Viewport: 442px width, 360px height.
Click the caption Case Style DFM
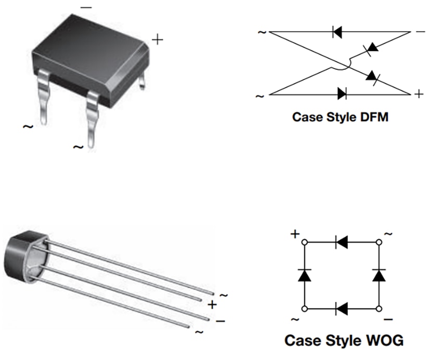tap(340, 116)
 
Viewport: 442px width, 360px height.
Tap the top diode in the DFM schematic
tap(337, 32)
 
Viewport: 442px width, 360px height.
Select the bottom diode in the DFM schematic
tap(342, 94)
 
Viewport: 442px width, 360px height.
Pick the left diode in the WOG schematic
tap(304, 275)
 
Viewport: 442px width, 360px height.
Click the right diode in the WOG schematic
tap(379, 275)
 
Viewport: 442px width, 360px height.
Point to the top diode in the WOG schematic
tap(342, 242)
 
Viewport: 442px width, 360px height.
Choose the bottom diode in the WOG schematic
tap(342, 309)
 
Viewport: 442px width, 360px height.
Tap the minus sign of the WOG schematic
tap(388, 318)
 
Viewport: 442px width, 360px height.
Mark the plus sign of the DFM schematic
tap(419, 94)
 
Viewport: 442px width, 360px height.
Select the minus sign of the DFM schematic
tap(420, 32)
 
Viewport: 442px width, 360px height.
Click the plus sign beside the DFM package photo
tap(157, 39)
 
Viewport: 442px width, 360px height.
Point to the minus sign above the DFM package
tap(86, 8)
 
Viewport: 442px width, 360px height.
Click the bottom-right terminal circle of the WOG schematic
tap(379, 309)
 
